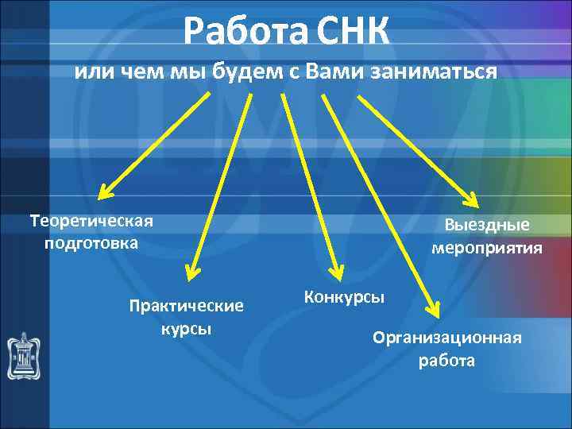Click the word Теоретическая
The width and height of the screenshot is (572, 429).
click(x=91, y=220)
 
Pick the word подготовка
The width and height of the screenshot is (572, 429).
click(x=91, y=242)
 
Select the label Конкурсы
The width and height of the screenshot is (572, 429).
click(x=344, y=297)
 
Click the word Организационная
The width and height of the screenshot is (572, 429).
click(x=447, y=338)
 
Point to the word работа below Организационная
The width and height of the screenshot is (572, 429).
click(x=447, y=361)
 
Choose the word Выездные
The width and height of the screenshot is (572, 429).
click(x=487, y=225)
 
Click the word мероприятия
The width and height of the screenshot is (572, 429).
click(x=487, y=247)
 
